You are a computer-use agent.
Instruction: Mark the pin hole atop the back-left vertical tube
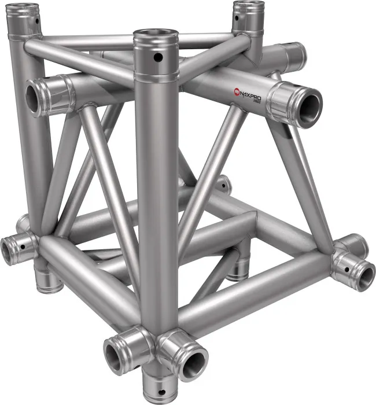tap(38, 20)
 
